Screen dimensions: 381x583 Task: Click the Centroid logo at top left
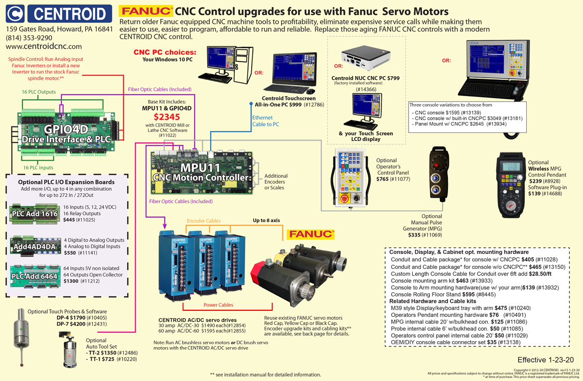point(59,13)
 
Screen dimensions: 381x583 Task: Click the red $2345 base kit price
point(166,117)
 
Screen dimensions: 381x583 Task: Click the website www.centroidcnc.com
point(44,46)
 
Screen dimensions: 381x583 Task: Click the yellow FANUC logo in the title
point(146,11)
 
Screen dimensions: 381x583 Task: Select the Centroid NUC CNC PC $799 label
point(365,78)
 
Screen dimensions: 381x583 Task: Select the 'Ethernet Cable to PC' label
point(266,121)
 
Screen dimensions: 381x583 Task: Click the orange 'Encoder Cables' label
point(203,220)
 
